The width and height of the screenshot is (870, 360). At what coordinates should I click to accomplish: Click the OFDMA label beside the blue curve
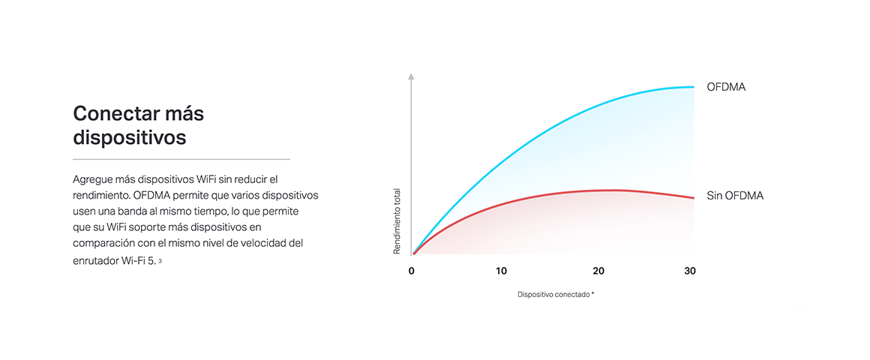(726, 87)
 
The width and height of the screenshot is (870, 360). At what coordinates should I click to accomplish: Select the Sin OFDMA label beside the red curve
(735, 196)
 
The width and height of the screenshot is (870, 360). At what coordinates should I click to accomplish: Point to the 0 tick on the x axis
(412, 271)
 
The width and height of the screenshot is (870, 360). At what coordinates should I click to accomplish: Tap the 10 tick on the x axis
(501, 271)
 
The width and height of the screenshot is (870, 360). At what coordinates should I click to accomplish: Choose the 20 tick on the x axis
(598, 271)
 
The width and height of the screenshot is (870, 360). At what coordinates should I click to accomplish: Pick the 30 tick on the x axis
(690, 271)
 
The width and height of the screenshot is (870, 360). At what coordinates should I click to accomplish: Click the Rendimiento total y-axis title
(397, 221)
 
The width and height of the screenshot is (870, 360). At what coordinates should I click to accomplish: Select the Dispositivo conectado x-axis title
(553, 295)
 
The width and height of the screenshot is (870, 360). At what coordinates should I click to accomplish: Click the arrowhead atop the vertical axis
(411, 76)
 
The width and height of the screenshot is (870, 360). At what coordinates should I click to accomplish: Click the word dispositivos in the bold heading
(129, 137)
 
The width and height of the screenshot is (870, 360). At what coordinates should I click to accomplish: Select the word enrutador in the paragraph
(95, 261)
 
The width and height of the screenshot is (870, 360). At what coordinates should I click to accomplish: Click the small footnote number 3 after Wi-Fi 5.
(160, 261)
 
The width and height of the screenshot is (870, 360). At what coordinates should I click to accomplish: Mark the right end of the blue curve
(694, 87)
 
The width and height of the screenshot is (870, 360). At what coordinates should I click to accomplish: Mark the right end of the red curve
(694, 198)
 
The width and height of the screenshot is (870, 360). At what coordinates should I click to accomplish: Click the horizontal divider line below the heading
(181, 159)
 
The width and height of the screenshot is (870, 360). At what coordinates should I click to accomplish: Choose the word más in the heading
(184, 114)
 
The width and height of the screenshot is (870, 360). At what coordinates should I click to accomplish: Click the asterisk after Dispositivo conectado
(592, 293)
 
